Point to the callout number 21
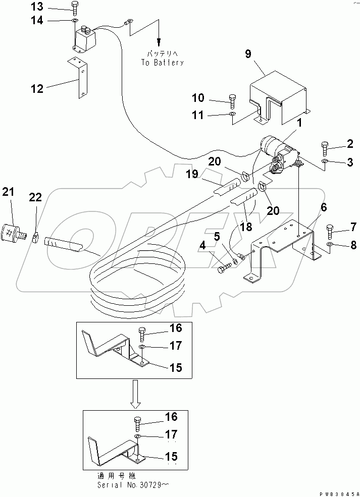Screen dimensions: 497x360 click(9, 192)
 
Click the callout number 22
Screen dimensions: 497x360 click(36, 199)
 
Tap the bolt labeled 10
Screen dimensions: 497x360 click(232, 101)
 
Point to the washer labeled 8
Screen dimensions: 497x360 click(329, 245)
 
